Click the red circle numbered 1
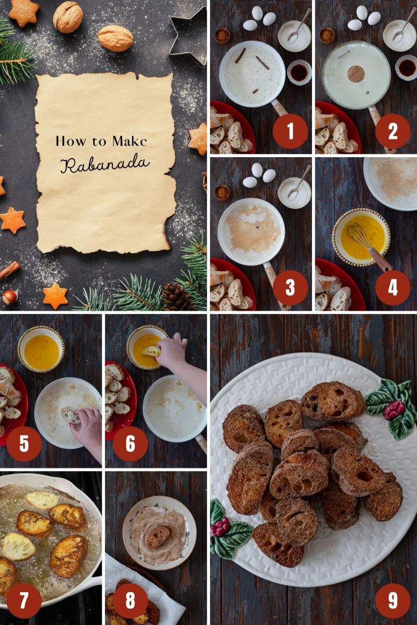tap(290, 131)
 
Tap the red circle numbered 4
tap(393, 288)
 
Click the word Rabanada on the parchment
tap(105, 163)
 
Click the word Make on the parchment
tap(129, 141)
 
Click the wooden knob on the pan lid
tap(356, 74)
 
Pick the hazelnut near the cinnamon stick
tap(10, 297)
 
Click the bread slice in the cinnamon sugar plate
tap(158, 536)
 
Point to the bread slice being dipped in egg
tap(151, 351)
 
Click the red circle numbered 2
tap(393, 131)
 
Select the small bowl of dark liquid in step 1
tap(299, 72)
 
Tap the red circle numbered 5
tap(24, 444)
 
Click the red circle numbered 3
tap(290, 288)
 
